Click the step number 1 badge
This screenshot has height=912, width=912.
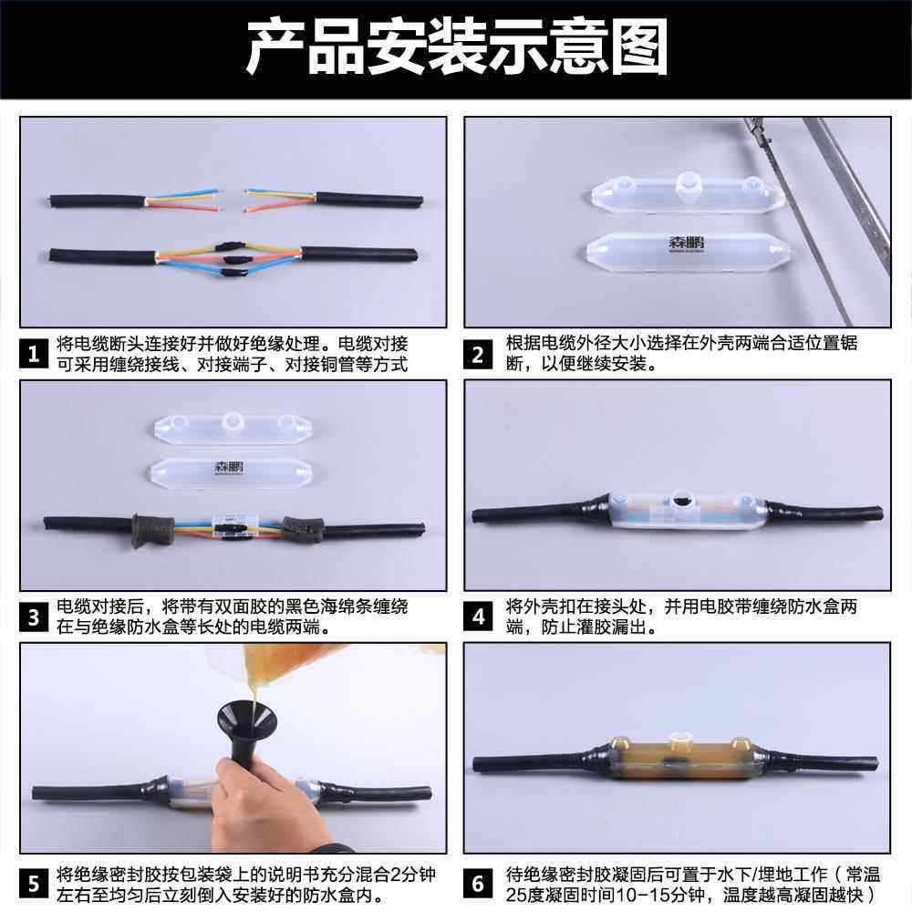click(34, 354)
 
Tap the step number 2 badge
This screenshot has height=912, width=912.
click(478, 354)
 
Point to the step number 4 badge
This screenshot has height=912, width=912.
click(478, 617)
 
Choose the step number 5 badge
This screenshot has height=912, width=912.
click(34, 884)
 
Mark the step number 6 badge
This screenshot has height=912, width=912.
click(478, 884)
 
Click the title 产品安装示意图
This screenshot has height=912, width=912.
click(457, 47)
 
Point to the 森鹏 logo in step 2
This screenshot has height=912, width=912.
click(686, 243)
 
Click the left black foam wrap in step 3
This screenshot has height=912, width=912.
click(152, 531)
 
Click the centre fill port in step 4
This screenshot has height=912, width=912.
click(679, 500)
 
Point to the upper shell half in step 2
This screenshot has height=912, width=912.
click(687, 192)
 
